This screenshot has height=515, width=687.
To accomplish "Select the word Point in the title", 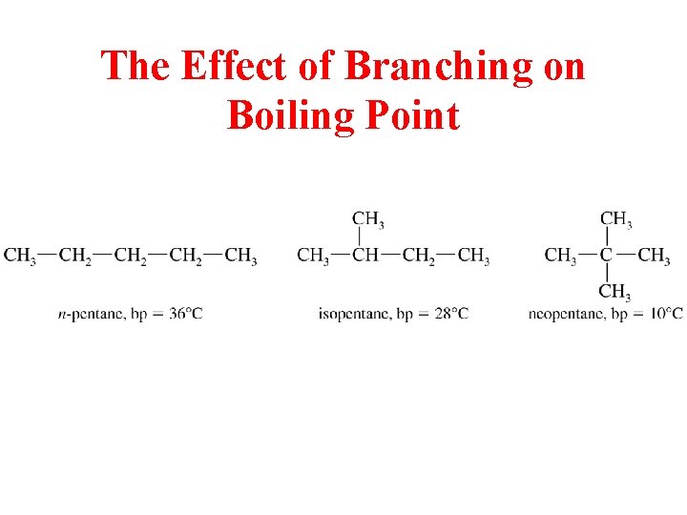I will (407, 116).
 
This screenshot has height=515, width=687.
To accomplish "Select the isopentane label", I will (352, 314).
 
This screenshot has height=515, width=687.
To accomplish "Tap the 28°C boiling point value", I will (448, 314).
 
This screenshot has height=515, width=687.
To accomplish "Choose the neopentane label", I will (563, 314).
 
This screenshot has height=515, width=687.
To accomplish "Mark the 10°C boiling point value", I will (666, 314).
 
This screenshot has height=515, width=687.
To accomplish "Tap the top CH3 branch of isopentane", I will (368, 219).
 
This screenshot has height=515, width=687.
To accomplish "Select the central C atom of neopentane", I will (607, 256).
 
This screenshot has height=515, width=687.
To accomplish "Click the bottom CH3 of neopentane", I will (614, 292).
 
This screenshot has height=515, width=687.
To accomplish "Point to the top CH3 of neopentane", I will (615, 219).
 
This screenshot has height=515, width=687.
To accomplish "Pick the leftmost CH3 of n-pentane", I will (20, 256).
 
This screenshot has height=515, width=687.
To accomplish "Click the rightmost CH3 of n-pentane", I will (240, 256).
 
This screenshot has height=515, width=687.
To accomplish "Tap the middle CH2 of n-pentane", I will (130, 256).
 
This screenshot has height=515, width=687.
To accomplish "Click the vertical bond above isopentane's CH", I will (359, 237).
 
